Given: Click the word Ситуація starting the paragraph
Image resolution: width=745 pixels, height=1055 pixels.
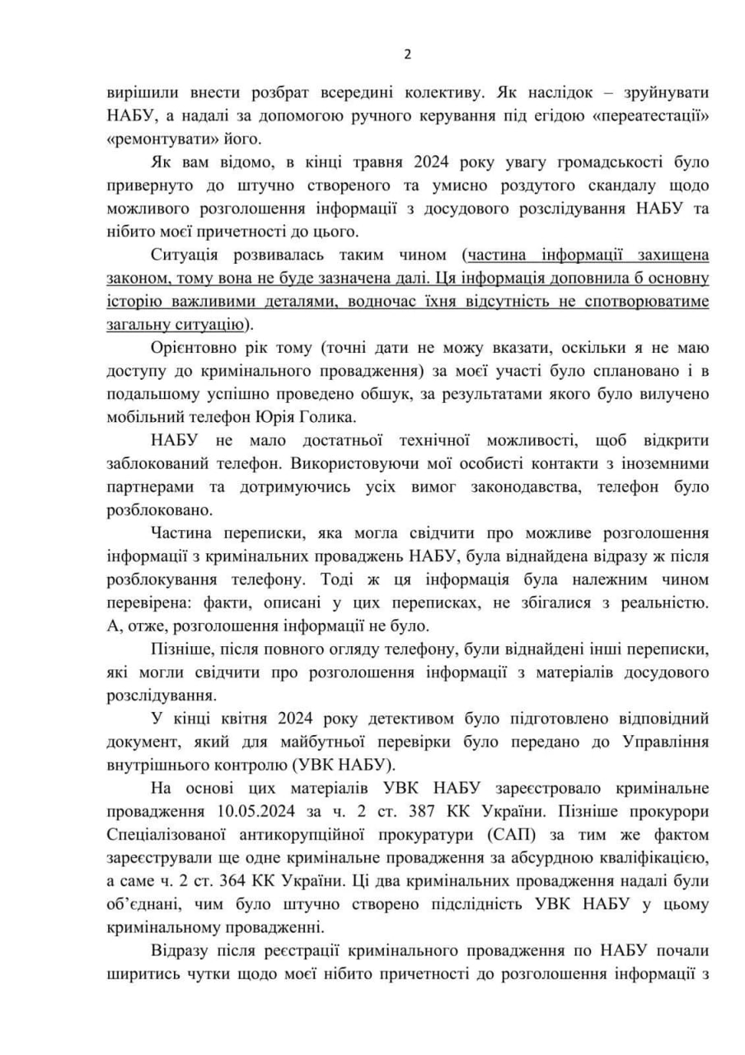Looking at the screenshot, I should tap(187, 256).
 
